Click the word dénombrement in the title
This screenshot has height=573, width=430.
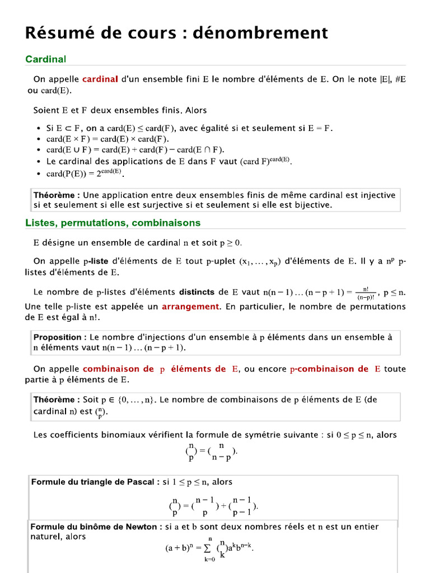pos(260,32)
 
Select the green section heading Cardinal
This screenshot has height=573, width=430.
pos(46,59)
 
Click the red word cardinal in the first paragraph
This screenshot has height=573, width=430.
pos(100,79)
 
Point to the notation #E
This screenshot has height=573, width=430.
pos(400,79)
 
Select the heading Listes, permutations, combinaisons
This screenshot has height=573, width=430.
pos(113,223)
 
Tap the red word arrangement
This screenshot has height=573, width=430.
pos(190,307)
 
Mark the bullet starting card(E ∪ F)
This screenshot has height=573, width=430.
pos(38,150)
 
